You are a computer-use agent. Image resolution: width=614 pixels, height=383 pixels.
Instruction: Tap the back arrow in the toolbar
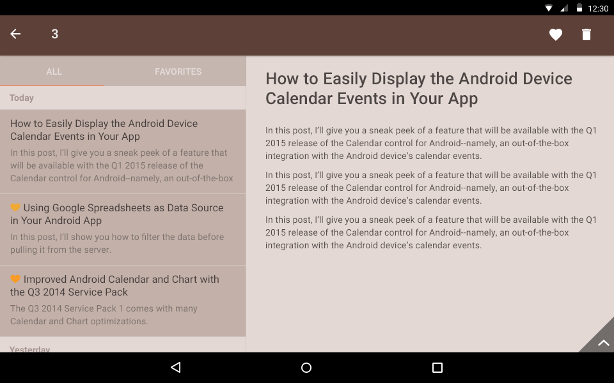[15, 34]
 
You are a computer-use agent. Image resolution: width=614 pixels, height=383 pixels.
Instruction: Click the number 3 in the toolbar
[55, 34]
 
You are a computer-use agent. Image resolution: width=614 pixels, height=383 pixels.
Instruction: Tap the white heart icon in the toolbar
[555, 34]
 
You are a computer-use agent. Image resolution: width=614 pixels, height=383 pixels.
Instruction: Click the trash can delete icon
[586, 34]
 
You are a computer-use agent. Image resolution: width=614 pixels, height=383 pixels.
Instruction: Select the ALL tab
[54, 71]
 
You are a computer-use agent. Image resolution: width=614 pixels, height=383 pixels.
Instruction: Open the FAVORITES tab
[178, 71]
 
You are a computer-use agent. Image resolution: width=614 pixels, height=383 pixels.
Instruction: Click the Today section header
[22, 98]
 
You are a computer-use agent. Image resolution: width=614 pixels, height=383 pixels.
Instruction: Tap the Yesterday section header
[30, 349]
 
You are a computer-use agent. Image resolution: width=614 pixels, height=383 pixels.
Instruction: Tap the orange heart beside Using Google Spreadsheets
[15, 207]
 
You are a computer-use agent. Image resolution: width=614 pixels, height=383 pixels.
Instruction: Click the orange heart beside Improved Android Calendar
[15, 279]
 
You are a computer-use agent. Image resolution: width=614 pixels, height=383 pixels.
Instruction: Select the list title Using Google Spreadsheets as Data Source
[116, 214]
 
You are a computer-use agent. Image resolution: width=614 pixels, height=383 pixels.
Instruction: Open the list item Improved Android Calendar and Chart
[114, 286]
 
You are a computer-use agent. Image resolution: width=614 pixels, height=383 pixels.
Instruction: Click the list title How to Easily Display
[104, 130]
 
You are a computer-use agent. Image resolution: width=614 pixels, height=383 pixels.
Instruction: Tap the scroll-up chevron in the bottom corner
[603, 343]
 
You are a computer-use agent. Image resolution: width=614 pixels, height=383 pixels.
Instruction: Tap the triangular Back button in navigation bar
[176, 367]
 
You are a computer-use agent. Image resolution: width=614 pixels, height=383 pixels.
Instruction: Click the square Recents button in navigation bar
[437, 368]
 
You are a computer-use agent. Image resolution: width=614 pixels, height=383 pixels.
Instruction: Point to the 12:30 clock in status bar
[598, 8]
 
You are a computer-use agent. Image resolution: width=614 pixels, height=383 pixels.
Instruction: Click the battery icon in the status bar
[579, 8]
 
